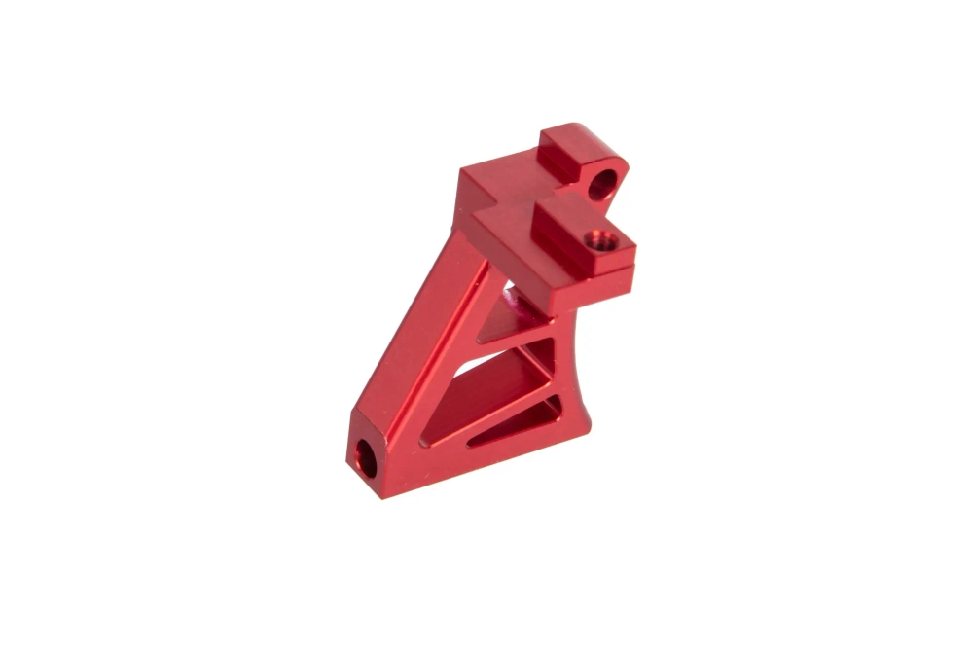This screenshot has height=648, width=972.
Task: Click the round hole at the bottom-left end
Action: click(368, 457)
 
